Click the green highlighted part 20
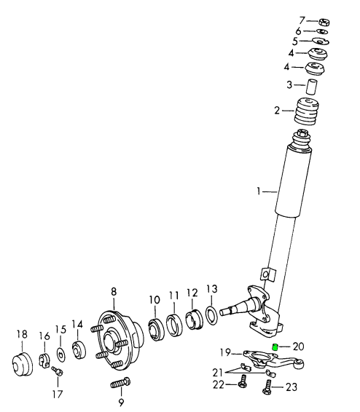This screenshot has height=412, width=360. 275,347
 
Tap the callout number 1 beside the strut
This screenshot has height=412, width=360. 259,191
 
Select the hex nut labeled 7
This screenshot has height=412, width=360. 324,23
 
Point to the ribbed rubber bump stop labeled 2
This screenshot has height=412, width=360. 306,111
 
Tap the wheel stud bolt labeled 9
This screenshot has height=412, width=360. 120,383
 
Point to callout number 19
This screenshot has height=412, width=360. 226,352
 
